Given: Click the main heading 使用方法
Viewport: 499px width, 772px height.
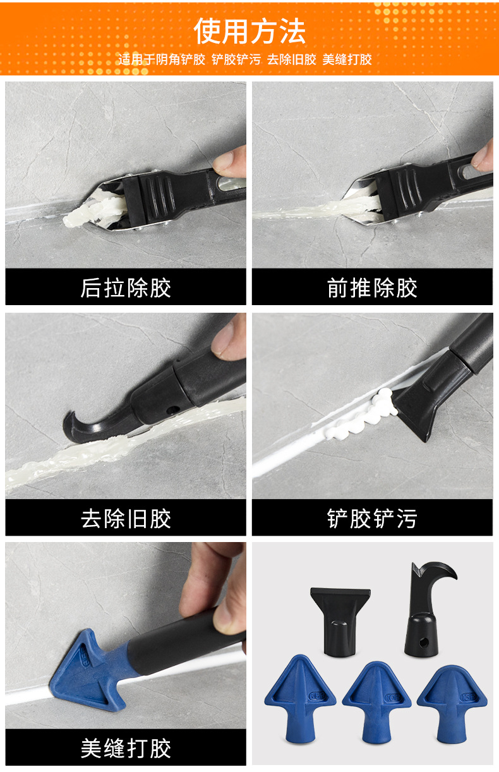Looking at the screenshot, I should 249,30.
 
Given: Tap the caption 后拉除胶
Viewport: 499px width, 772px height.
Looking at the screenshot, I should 126,288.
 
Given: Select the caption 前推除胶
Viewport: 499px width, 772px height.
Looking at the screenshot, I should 372,288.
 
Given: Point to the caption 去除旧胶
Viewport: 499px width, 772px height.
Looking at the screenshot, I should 126,519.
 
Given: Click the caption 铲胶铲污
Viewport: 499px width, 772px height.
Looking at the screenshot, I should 372,519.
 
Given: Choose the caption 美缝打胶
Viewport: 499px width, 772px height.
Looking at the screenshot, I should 126,749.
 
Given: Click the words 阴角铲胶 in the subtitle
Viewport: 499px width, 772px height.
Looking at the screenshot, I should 183,60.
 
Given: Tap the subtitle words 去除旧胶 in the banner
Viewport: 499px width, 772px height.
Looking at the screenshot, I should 291,60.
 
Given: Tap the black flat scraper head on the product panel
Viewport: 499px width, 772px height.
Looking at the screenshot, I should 340,616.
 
